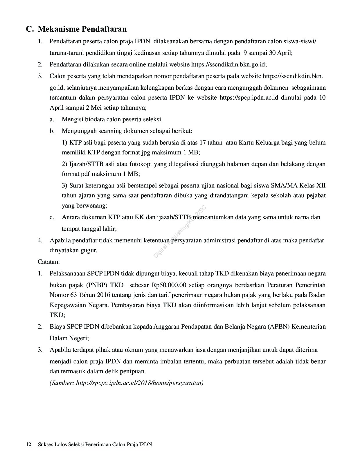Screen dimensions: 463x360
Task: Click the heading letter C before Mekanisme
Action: (29, 29)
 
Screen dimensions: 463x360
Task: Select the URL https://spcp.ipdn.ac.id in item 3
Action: (249, 98)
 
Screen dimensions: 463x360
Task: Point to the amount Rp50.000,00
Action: (169, 285)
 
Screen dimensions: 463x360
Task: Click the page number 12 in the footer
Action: (28, 444)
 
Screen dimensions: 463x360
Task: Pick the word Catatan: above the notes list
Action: (49, 262)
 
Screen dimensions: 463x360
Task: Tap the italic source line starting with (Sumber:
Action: (127, 383)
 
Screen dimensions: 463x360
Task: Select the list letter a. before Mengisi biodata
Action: (52, 119)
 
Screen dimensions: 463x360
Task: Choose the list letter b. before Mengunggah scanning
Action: (52, 131)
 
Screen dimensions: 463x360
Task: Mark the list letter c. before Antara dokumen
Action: (52, 217)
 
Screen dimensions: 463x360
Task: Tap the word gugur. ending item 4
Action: (88, 250)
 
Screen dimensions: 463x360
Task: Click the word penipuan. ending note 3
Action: (133, 372)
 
